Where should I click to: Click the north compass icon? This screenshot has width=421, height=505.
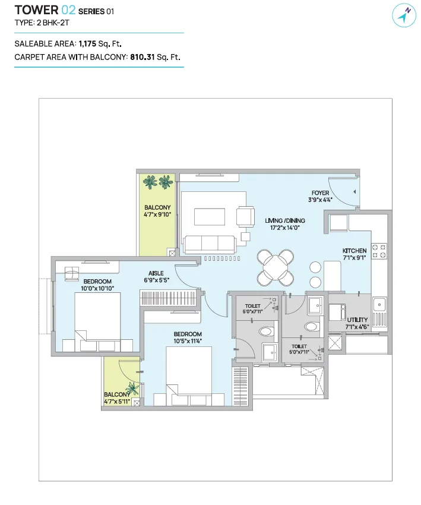pyautogui.click(x=404, y=15)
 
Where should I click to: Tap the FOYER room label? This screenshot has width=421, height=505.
pyautogui.click(x=320, y=193)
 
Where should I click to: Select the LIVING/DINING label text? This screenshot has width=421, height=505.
pyautogui.click(x=285, y=220)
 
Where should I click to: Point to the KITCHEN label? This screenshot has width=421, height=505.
pyautogui.click(x=354, y=251)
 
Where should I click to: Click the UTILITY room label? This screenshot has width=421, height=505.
pyautogui.click(x=357, y=320)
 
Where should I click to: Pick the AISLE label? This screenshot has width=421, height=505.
pyautogui.click(x=156, y=273)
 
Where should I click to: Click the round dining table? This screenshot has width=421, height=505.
pyautogui.click(x=275, y=267)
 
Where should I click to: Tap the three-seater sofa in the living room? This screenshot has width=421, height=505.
pyautogui.click(x=209, y=244)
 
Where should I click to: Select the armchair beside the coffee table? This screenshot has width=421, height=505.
pyautogui.click(x=246, y=216)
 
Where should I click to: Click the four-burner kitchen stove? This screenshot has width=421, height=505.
pyautogui.click(x=379, y=251)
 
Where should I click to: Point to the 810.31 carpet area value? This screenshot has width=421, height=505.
pyautogui.click(x=143, y=57)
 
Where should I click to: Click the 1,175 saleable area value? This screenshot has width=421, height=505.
pyautogui.click(x=87, y=43)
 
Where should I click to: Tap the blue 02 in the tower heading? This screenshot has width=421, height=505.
pyautogui.click(x=68, y=10)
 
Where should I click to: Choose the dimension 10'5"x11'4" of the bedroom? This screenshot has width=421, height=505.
pyautogui.click(x=188, y=341)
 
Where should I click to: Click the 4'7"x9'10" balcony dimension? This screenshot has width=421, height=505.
pyautogui.click(x=157, y=214)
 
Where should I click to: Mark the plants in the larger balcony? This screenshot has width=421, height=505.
pyautogui.click(x=158, y=182)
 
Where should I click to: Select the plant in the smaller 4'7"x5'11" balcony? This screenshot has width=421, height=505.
pyautogui.click(x=132, y=388)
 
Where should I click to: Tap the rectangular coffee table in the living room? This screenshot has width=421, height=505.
pyautogui.click(x=210, y=217)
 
